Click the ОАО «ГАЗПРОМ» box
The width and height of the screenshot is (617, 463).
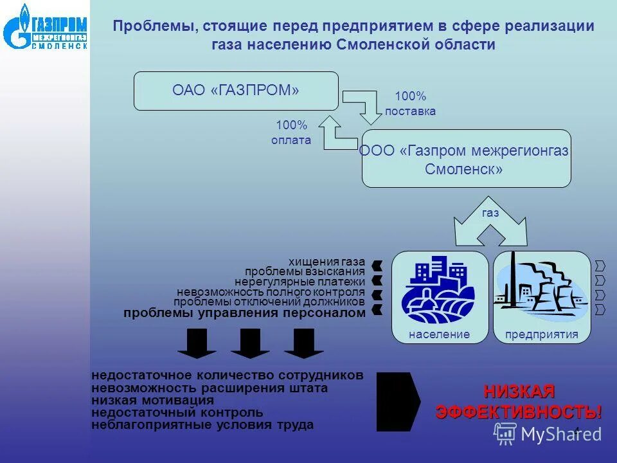click(235, 91)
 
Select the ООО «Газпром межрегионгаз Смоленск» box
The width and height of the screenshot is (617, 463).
click(465, 159)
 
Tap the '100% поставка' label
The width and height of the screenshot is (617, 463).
click(410, 104)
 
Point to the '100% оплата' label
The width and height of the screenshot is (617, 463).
click(292, 132)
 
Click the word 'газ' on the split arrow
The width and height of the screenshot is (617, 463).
click(490, 213)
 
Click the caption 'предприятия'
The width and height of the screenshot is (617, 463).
click(541, 334)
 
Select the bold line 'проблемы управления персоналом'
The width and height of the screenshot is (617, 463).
click(244, 313)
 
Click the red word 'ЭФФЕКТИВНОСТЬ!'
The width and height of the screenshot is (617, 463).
click(519, 412)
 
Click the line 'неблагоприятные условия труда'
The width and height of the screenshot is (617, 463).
click(202, 425)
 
